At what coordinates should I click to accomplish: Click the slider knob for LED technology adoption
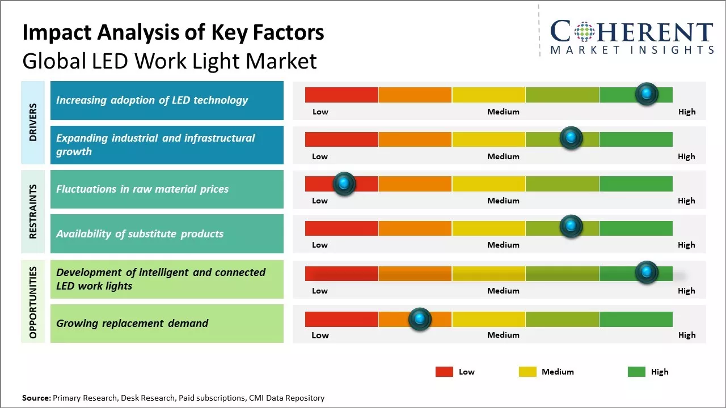[647, 93]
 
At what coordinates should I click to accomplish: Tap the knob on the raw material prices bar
[344, 184]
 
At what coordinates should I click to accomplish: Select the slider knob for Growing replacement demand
[420, 319]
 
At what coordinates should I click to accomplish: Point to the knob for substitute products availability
[571, 227]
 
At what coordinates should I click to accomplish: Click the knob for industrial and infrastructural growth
[571, 138]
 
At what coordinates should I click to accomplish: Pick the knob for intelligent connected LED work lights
[647, 272]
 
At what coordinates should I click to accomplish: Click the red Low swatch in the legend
[444, 372]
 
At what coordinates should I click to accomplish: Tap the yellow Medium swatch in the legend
[527, 372]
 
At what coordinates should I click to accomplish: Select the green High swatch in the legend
[636, 372]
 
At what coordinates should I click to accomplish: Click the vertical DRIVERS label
[33, 122]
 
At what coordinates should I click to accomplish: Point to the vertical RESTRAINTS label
[33, 211]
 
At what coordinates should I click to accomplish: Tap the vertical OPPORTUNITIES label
[33, 303]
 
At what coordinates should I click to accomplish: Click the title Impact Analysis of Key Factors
[173, 33]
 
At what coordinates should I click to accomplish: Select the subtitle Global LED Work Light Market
[169, 61]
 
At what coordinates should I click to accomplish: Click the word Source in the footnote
[36, 398]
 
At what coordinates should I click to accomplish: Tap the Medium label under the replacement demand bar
[503, 335]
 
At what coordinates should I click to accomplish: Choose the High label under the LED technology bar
[687, 112]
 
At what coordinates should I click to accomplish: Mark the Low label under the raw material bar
[320, 201]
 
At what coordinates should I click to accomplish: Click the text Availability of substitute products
[140, 234]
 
